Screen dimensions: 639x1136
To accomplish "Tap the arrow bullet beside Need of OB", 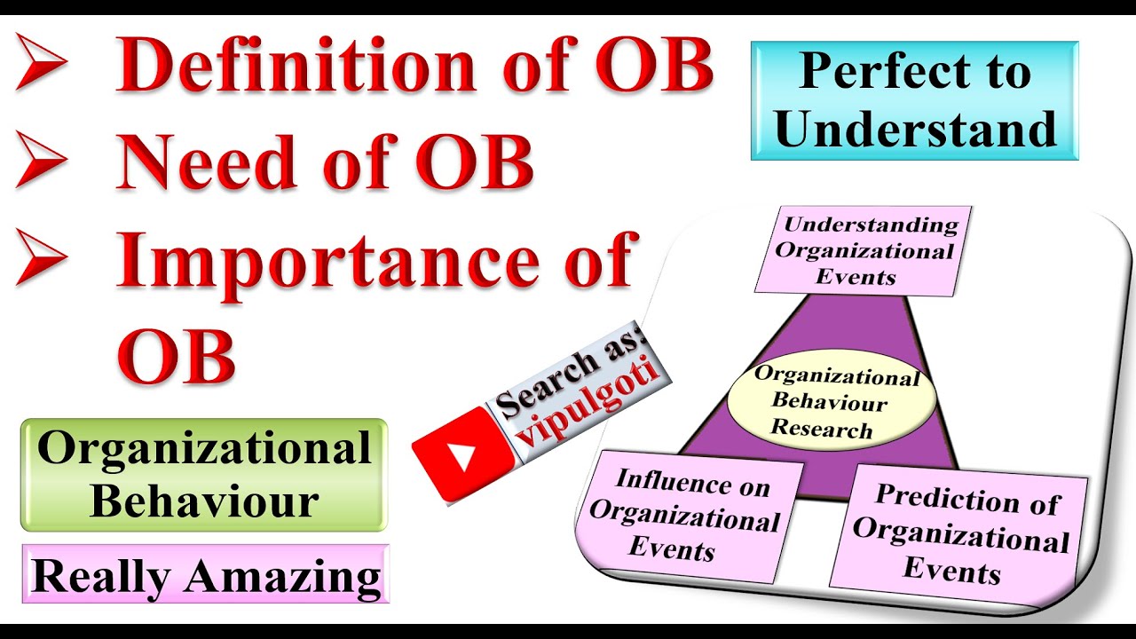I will point(42,163).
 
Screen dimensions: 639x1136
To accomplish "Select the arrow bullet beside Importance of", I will point(42,258).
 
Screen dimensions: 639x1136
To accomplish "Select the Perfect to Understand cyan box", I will point(914,100).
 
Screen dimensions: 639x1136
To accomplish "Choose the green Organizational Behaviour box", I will point(204,475).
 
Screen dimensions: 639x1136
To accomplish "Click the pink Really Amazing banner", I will point(206,576).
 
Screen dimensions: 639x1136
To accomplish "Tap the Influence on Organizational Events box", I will point(684,515).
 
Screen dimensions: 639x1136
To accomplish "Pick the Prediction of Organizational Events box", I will point(959,532).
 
